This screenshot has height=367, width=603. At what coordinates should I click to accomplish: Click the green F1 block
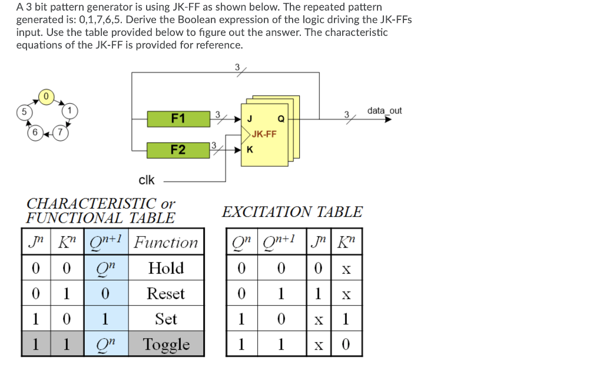click(x=178, y=119)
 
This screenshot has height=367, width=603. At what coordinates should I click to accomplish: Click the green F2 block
click(x=178, y=150)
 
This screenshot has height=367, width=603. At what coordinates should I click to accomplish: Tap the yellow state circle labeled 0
click(x=47, y=95)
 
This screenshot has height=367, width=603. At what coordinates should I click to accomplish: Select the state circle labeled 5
click(x=24, y=111)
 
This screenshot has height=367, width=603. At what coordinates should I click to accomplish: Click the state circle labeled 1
click(x=69, y=111)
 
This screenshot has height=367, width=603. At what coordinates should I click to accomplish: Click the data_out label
click(x=384, y=111)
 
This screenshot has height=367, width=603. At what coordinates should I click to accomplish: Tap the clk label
click(x=146, y=180)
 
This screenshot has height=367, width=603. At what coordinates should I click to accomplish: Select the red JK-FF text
click(x=263, y=134)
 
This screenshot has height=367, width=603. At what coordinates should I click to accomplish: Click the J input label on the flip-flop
click(x=250, y=119)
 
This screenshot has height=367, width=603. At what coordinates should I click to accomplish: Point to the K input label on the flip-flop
click(x=250, y=150)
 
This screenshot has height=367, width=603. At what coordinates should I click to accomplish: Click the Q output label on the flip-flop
click(x=281, y=119)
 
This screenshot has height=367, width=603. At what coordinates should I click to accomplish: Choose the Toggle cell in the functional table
click(x=166, y=345)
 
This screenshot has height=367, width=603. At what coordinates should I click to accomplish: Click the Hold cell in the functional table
click(x=166, y=269)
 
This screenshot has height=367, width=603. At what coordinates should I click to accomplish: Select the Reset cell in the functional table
click(x=166, y=294)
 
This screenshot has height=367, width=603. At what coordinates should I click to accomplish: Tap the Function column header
click(x=166, y=243)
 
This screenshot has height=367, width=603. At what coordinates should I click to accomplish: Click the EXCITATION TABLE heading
click(x=292, y=211)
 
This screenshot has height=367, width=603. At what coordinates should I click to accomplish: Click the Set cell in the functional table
click(x=166, y=319)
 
